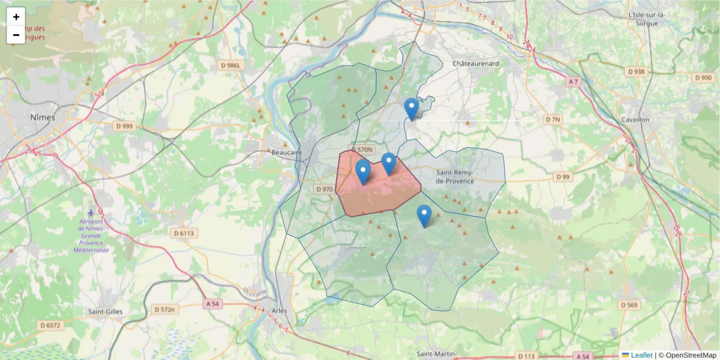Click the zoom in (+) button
click(x=16, y=17)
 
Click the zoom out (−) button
click(x=16, y=35)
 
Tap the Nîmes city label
click(x=43, y=118)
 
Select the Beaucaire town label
click(x=287, y=153)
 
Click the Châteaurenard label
click(x=476, y=63)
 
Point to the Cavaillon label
click(x=635, y=119)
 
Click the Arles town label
click(x=280, y=311)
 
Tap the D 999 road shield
click(x=126, y=126)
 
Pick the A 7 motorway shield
click(x=572, y=82)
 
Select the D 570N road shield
click(x=362, y=149)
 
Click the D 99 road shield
click(x=562, y=177)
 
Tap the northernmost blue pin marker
click(x=411, y=109)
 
